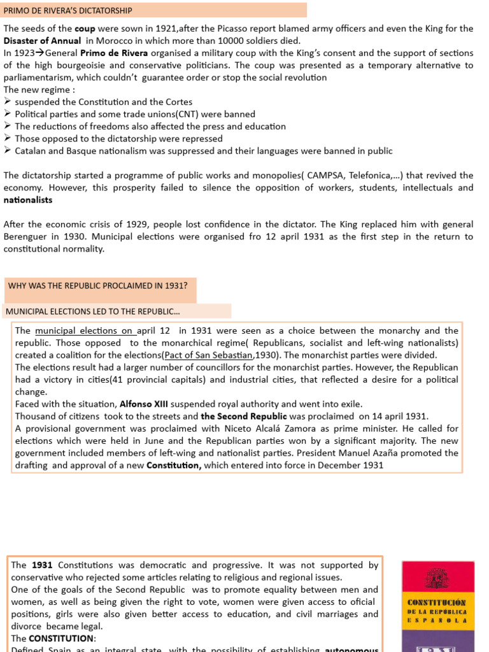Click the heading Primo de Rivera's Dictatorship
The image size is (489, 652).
pyautogui.click(x=69, y=10)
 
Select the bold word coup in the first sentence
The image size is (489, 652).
pyautogui.click(x=85, y=29)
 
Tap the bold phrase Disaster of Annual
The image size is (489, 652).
pyautogui.click(x=42, y=41)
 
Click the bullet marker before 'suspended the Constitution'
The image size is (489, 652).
pyautogui.click(x=8, y=102)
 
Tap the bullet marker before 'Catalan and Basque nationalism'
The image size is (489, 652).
pyautogui.click(x=8, y=151)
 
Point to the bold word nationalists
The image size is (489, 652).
pyautogui.click(x=28, y=200)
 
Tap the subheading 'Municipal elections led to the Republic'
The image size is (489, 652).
pyautogui.click(x=92, y=311)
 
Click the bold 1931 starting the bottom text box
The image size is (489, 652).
pyautogui.click(x=42, y=565)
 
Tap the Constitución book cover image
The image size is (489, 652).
pyautogui.click(x=438, y=605)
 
